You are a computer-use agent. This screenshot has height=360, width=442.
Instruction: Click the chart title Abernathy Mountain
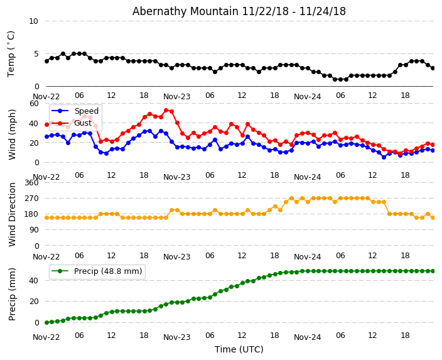coord(239,11)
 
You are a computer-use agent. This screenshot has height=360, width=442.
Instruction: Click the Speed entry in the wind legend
coord(86,111)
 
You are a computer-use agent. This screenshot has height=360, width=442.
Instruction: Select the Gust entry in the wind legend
coord(83,123)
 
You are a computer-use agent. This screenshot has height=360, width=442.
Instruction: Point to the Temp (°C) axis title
coord(11,53)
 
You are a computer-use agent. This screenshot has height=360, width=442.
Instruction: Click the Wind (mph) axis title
coord(13,134)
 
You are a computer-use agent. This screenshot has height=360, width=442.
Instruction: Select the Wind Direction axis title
coord(13,214)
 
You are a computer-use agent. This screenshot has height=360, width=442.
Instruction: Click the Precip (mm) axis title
coord(13,294)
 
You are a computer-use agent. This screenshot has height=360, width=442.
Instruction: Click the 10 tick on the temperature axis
coord(33,21)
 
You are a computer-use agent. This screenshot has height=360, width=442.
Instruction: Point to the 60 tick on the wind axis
coord(33,103)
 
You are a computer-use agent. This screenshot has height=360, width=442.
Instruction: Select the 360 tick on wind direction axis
coord(31,183)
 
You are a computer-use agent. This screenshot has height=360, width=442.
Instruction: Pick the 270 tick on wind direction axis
coord(31,199)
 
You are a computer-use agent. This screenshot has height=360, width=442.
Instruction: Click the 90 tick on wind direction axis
coord(33,230)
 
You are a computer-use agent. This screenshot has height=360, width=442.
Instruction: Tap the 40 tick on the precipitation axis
coord(33,280)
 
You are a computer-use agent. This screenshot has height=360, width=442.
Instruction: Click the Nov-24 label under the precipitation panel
coord(307,337)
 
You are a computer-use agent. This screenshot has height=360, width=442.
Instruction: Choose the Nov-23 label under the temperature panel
coord(176,97)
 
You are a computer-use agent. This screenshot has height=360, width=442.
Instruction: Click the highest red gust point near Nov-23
coord(166,110)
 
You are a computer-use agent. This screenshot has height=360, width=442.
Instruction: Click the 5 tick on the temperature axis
coord(35,54)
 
